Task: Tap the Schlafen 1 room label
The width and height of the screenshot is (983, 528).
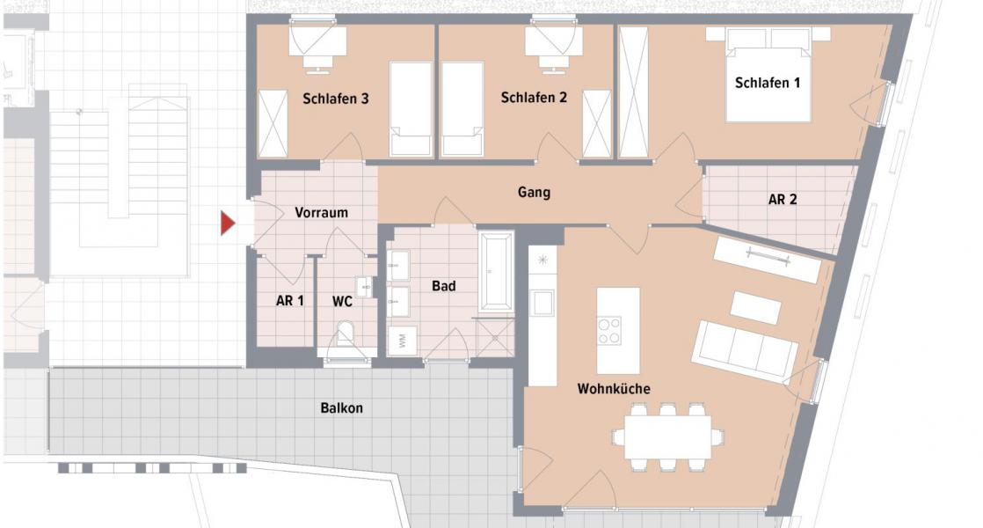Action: [x=768, y=83]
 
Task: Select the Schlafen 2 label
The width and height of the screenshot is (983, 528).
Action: [x=534, y=98]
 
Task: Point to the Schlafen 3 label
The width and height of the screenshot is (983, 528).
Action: [x=335, y=99]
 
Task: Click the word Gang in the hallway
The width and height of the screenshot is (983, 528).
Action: [x=534, y=192]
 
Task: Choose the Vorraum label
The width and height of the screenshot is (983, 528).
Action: [x=321, y=212]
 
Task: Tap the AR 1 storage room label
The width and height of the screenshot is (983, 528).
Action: [x=289, y=301]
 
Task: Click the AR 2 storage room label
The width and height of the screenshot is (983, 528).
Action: [x=782, y=199]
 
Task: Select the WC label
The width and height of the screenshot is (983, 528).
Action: [x=342, y=301]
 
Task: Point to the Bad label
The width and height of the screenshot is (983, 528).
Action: [x=444, y=286]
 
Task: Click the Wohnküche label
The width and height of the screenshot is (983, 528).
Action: [x=614, y=388]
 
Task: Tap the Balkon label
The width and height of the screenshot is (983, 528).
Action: [x=341, y=408]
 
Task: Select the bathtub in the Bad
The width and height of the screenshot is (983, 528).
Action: [x=496, y=270]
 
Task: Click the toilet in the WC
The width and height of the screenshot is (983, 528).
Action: [x=346, y=339]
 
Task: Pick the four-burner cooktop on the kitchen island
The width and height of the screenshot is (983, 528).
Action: [x=609, y=331]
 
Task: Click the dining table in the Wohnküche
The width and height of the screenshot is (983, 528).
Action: [x=668, y=436]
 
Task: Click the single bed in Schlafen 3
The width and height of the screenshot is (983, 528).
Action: [x=411, y=109]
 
